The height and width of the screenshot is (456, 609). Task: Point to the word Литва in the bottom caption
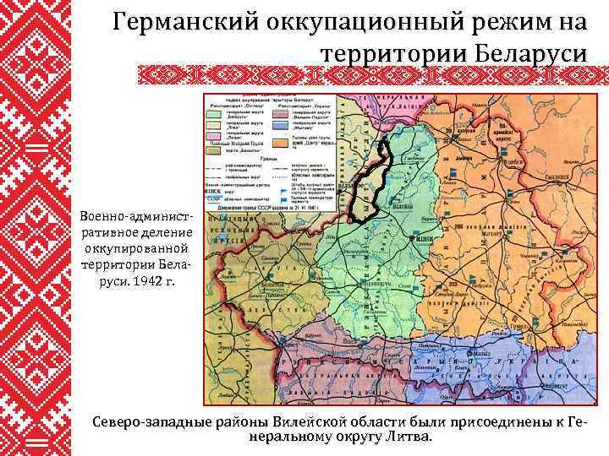coord(406,437)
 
